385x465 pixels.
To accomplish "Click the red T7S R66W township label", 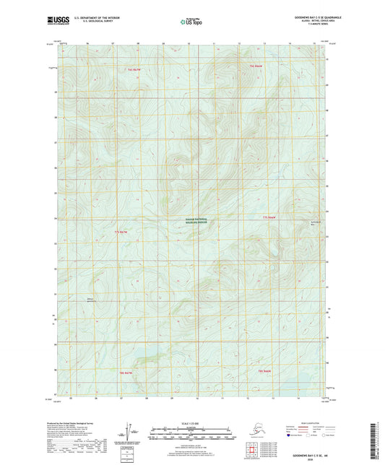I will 269,217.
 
